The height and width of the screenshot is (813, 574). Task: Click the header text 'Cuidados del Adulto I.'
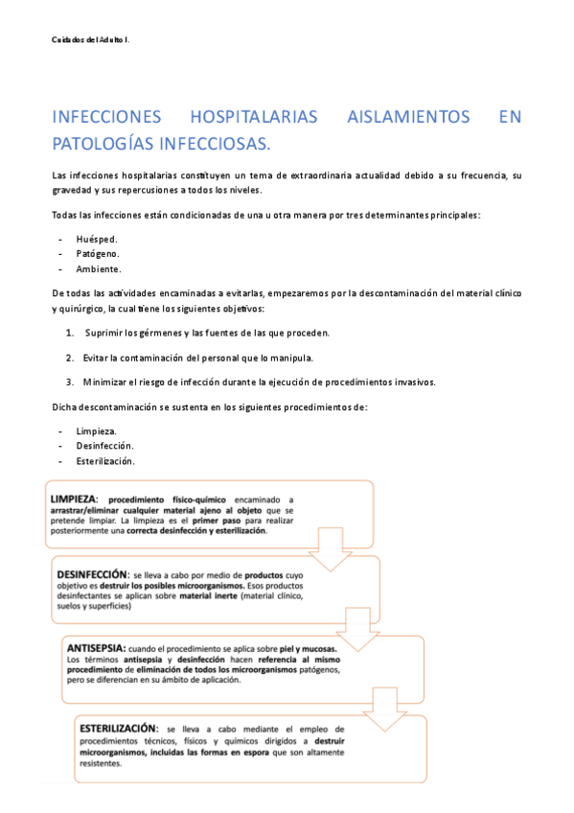90,39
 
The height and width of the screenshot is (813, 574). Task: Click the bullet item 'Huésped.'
97,239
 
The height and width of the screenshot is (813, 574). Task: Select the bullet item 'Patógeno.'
98,253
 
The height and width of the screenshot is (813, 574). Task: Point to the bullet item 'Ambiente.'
99,268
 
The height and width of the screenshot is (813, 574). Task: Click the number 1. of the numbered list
71,333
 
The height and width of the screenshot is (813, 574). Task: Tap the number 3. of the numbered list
71,382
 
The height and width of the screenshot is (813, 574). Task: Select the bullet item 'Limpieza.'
97,431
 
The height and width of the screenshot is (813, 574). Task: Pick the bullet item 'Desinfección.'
105,446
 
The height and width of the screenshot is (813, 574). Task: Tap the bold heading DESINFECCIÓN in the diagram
92,567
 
